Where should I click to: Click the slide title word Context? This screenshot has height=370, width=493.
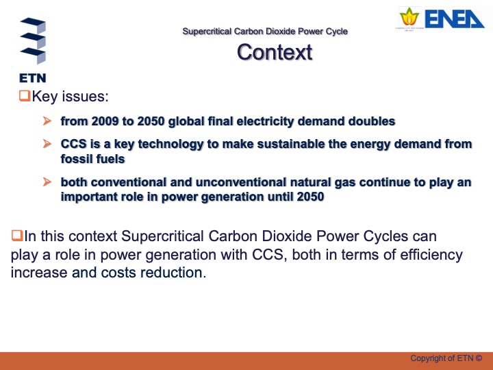274,52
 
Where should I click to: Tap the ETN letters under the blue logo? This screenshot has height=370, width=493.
32,77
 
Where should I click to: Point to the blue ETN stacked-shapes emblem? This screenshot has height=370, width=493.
32,41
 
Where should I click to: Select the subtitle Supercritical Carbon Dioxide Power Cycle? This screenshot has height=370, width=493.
265,32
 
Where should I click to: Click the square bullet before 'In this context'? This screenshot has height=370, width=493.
16,236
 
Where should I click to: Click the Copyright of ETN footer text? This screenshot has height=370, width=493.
446,358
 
